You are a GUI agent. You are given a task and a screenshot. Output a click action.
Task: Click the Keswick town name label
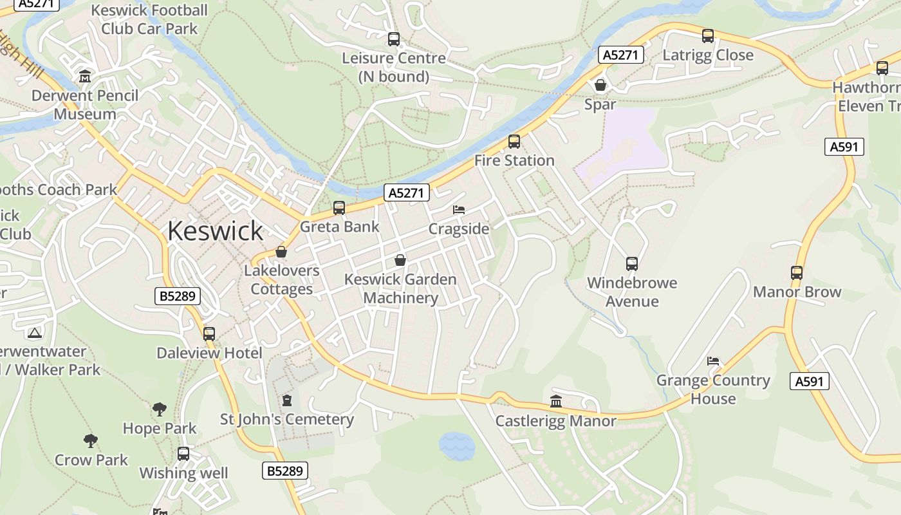tap(215, 230)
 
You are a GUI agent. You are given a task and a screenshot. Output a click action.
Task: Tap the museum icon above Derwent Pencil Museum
tap(85, 77)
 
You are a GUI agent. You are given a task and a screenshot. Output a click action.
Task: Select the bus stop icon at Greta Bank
tap(339, 208)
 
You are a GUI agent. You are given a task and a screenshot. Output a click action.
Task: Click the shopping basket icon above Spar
tap(600, 85)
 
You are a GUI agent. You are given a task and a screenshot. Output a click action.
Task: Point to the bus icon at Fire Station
tap(514, 142)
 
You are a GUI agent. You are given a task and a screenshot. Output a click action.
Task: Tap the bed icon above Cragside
tap(459, 210)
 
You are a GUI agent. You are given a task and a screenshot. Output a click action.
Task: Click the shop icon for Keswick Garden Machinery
tap(400, 260)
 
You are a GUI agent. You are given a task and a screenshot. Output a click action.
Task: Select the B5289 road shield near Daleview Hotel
tap(178, 296)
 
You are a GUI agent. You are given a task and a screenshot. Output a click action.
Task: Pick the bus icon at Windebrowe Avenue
tap(632, 264)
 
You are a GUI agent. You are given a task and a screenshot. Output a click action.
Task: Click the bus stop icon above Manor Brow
tap(797, 273)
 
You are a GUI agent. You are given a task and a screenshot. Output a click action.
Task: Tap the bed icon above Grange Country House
tap(713, 361)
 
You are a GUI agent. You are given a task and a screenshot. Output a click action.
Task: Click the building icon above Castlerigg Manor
tap(556, 402)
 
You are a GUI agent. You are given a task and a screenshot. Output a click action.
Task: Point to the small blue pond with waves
tap(456, 445)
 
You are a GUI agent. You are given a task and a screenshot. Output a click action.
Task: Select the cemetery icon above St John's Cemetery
tap(287, 400)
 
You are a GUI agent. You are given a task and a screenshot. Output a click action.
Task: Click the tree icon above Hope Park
tap(160, 409)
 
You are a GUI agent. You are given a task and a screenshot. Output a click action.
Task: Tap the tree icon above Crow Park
tap(91, 441)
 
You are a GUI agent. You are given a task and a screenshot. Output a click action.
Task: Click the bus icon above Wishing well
tap(183, 454)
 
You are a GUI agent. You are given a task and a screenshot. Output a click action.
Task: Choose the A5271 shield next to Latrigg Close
tap(620, 55)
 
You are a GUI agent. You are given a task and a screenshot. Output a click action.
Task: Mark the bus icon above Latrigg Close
tap(708, 36)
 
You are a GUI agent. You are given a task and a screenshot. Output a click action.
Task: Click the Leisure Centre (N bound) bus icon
tap(394, 39)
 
